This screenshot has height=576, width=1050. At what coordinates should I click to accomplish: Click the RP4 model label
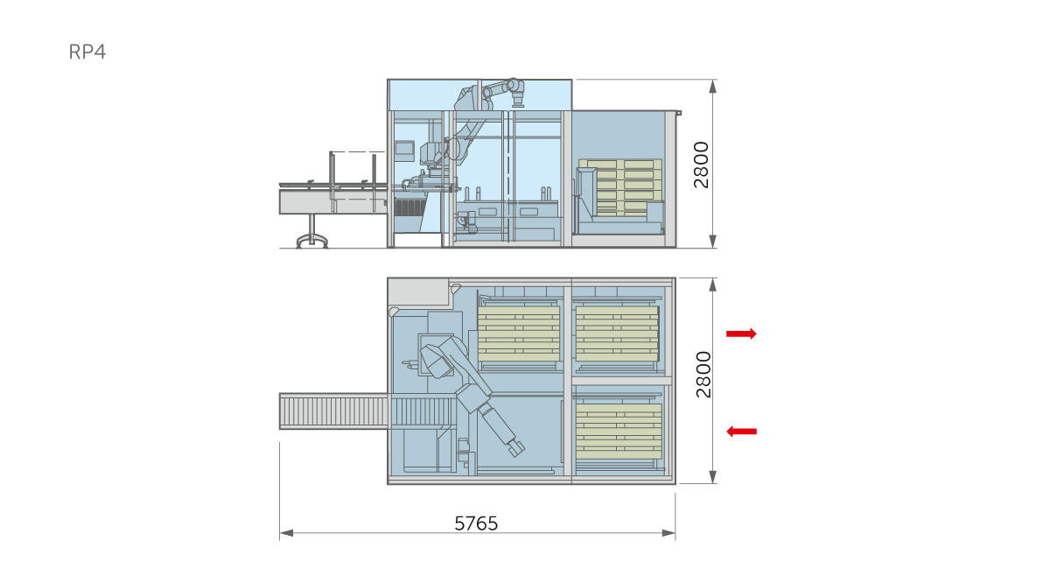coord(87,52)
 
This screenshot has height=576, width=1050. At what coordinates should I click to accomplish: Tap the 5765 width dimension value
coord(476,523)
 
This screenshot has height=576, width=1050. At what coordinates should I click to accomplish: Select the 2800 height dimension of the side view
coord(701,165)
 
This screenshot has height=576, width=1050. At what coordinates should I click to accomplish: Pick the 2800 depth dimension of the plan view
coord(703,375)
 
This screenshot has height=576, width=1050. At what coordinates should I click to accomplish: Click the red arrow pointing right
coord(741,334)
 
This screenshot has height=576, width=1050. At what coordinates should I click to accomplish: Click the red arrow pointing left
coord(741,431)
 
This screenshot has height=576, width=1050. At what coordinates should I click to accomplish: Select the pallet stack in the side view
coord(620,187)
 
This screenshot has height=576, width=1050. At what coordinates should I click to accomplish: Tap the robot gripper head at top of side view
coord(517,100)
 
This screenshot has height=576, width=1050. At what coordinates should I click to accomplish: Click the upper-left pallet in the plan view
coord(518,334)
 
